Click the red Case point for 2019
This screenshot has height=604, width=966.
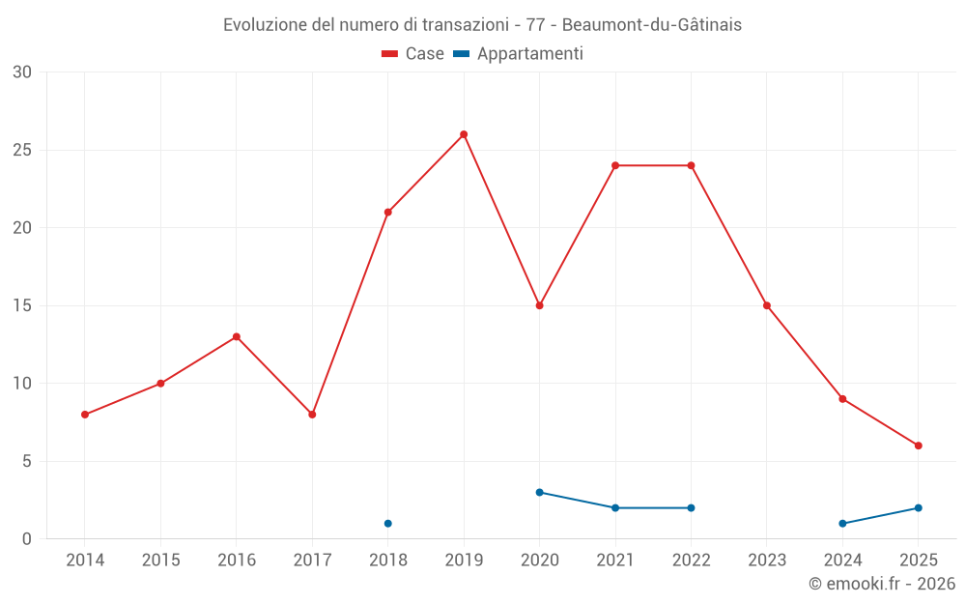pos(464,134)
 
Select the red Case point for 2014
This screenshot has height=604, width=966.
pos(85,415)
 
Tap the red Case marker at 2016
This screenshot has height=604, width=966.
pos(236,336)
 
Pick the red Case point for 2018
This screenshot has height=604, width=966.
pos(387,213)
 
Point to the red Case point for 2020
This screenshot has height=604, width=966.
pos(539,305)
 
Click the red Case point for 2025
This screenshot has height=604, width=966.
pos(919,446)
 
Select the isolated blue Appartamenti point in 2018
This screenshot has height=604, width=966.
pos(387,524)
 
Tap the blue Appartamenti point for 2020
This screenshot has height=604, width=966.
pos(539,492)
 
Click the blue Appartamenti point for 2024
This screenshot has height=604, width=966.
pos(842,524)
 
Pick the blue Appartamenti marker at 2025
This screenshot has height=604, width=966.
pos(919,508)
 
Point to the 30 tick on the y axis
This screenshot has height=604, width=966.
pos(22,72)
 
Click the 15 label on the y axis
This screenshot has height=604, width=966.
pos(22,305)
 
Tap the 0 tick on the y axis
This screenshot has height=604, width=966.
pos(27,539)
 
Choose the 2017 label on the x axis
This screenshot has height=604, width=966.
pos(312,561)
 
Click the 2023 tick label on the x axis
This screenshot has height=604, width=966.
pos(767,561)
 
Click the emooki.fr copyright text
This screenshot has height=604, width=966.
pos(881,584)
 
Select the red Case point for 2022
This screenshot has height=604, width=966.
pos(691,165)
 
